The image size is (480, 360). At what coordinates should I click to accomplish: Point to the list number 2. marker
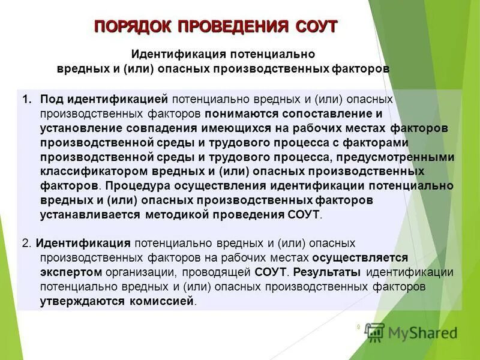click(x=26, y=243)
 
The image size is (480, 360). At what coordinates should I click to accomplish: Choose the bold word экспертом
click(x=68, y=272)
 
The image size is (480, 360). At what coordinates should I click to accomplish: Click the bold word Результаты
click(x=328, y=272)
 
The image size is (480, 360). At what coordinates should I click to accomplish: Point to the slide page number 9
click(x=358, y=327)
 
